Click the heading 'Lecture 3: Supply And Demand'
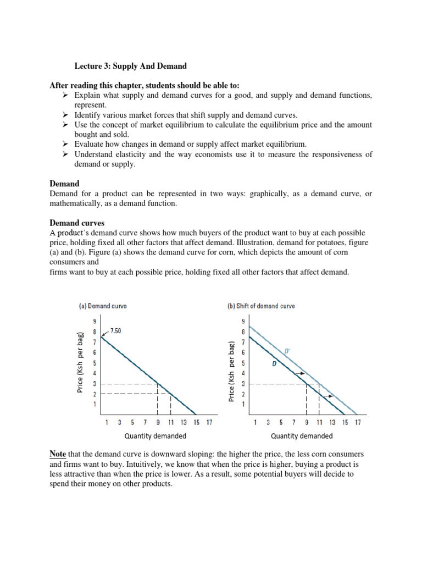(131, 66)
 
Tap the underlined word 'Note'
(58, 454)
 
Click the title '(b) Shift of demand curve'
(261, 306)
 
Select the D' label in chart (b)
(287, 350)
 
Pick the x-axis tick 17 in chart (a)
(209, 422)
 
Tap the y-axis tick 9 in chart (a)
(95, 321)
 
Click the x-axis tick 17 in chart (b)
(358, 422)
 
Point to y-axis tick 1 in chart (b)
(243, 405)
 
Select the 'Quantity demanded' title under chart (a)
(155, 436)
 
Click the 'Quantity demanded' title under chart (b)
(302, 436)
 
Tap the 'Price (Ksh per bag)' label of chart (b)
(232, 371)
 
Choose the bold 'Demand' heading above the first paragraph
(64, 184)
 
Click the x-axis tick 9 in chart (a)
(158, 422)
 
